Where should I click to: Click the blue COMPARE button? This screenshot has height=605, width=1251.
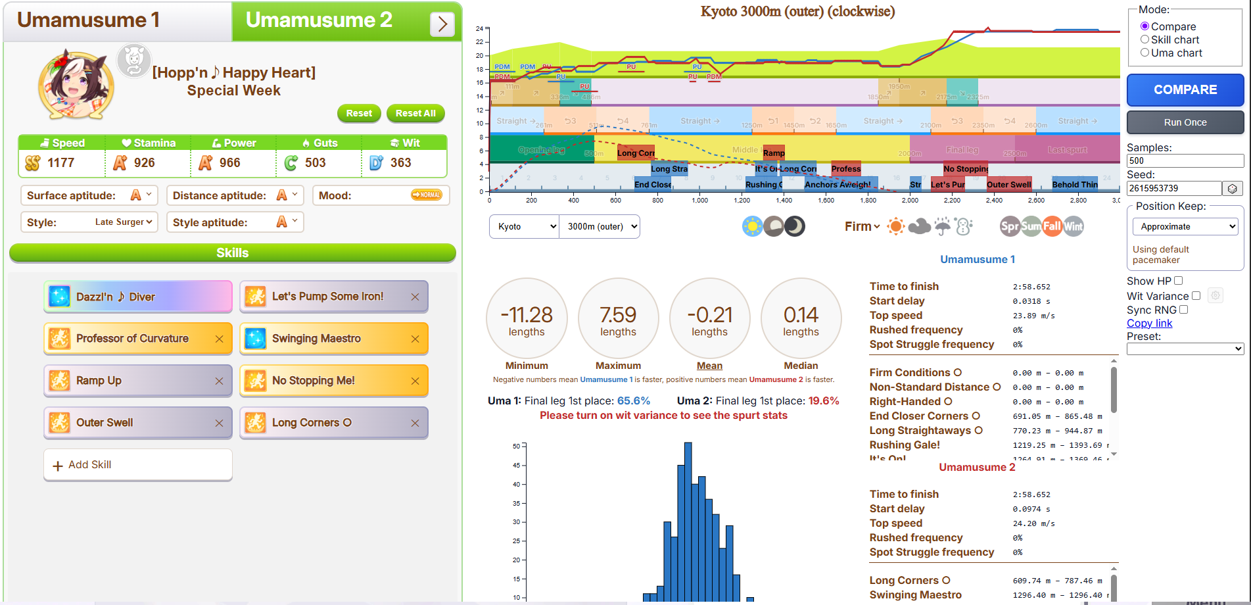coord(1185,90)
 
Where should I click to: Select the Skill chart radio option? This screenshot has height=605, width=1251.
coord(1145,39)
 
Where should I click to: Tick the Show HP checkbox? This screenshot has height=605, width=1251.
coord(1178,281)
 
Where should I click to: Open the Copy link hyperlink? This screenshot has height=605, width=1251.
coord(1149,323)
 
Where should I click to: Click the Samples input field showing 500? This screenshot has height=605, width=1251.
coord(1185,160)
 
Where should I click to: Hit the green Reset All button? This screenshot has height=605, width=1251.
coord(415,113)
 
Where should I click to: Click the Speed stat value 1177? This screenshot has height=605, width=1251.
coord(61,162)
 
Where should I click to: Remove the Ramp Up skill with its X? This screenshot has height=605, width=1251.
coord(219,381)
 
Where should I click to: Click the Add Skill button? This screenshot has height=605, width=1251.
coord(138,465)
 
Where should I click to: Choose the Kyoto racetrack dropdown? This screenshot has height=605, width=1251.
coord(524,226)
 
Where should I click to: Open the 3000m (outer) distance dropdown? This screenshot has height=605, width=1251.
coord(599,226)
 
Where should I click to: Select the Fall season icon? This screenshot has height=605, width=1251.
coord(1052,226)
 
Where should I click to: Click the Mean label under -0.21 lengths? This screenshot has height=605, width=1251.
coord(709,366)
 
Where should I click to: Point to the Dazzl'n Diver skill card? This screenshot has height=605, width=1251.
coord(138,297)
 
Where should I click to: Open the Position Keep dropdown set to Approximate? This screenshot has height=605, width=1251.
coord(1185,226)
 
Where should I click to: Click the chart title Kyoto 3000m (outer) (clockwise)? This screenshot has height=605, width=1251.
coord(797,11)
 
